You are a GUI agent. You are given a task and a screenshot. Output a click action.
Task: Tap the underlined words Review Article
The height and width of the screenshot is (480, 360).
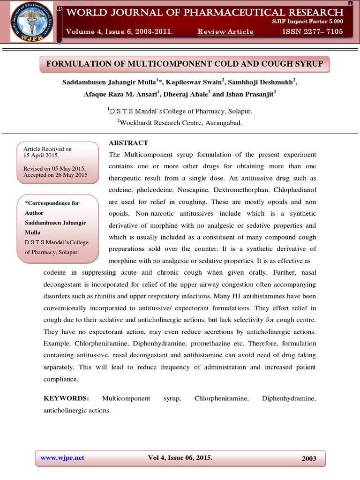[225, 32]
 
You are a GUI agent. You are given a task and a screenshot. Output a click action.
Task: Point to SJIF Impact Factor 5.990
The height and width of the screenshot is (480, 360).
[308, 22]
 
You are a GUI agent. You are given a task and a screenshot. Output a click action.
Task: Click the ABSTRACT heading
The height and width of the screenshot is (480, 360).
[128, 143]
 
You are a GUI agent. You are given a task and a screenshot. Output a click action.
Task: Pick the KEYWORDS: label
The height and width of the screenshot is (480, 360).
[66, 398]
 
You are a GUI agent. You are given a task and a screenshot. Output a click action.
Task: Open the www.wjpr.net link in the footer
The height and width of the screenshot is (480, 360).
[62, 458]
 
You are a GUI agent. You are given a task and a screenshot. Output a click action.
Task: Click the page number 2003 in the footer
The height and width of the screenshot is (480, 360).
[309, 458]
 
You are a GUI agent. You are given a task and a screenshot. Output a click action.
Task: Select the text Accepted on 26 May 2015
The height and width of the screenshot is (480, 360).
[55, 175]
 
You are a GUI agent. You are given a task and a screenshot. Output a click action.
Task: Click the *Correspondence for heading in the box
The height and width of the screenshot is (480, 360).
[52, 203]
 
